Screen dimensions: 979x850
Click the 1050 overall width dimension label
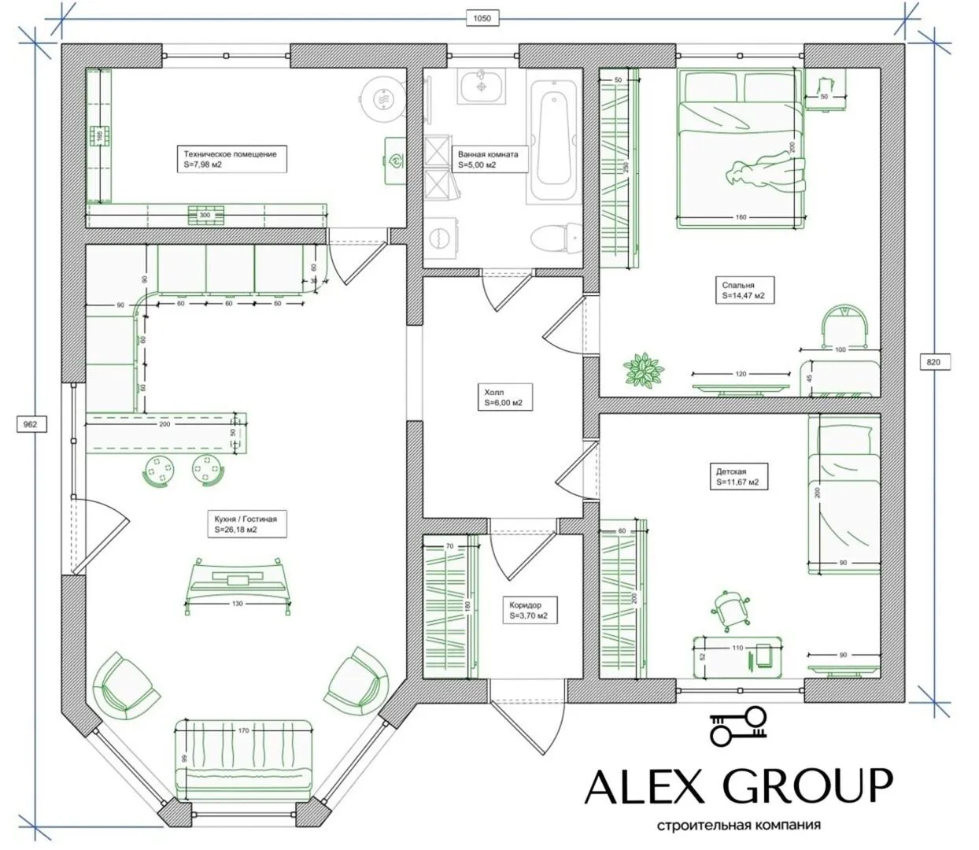[482, 19]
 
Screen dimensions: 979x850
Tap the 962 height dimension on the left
[31, 424]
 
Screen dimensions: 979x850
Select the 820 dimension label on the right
[934, 362]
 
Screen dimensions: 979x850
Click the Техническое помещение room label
[231, 159]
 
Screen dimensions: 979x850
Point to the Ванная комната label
[489, 159]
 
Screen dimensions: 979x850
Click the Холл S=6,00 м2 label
[504, 397]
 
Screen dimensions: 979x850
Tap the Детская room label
[738, 476]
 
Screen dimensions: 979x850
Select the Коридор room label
[530, 610]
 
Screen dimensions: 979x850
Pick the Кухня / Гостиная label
[247, 524]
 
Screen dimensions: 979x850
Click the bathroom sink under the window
[482, 86]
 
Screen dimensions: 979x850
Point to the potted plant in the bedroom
[644, 369]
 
